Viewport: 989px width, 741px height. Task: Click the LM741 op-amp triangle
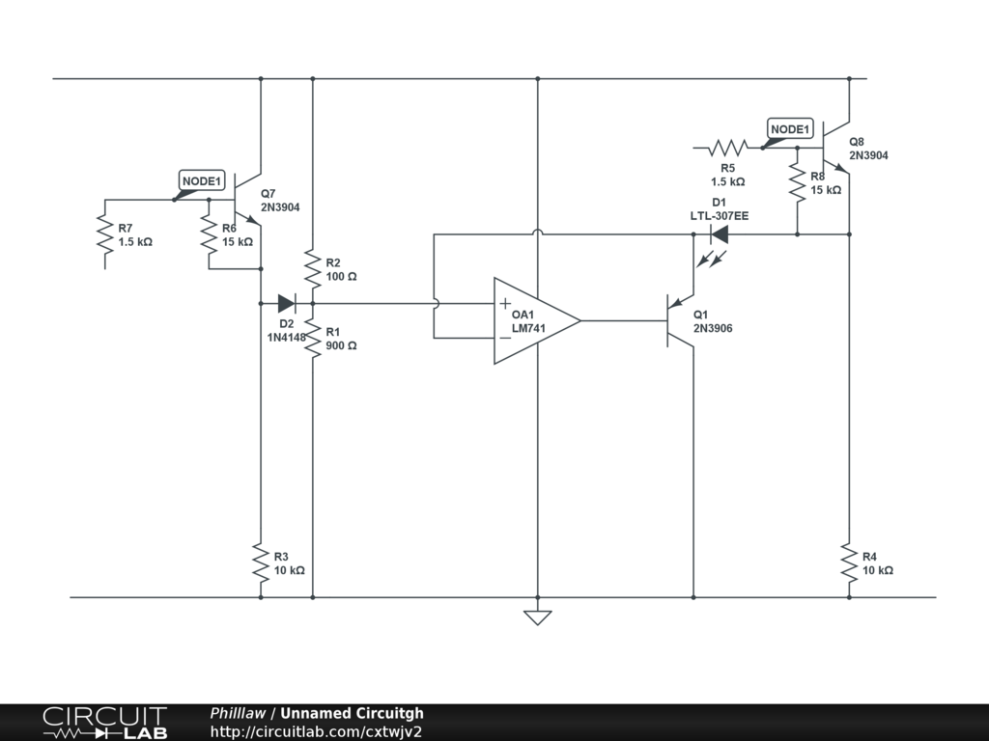tap(537, 320)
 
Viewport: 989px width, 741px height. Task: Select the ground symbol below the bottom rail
tap(538, 617)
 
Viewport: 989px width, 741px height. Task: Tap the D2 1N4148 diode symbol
tap(286, 304)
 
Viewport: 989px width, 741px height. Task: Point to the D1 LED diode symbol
tap(719, 234)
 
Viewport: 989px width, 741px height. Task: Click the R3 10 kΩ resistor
tap(261, 563)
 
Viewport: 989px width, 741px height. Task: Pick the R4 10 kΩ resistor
tap(849, 563)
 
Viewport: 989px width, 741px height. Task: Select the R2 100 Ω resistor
tap(313, 268)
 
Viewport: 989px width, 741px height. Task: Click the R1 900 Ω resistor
tap(313, 339)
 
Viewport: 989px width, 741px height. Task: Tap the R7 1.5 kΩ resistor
tap(104, 234)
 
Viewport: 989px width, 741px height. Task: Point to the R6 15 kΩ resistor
tap(209, 234)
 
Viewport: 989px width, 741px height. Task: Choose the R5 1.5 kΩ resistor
tap(728, 148)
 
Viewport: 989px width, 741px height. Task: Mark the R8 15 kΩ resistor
tap(797, 182)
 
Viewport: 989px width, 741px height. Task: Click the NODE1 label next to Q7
tap(202, 181)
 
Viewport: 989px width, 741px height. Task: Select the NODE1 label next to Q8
tap(790, 129)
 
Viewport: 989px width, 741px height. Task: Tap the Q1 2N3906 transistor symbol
tap(680, 320)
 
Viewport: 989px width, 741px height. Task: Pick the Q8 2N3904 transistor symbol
tap(835, 148)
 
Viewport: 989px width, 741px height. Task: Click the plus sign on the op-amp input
tap(505, 304)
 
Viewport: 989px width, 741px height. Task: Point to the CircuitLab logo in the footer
tap(104, 722)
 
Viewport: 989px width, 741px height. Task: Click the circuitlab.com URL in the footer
tap(316, 731)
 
